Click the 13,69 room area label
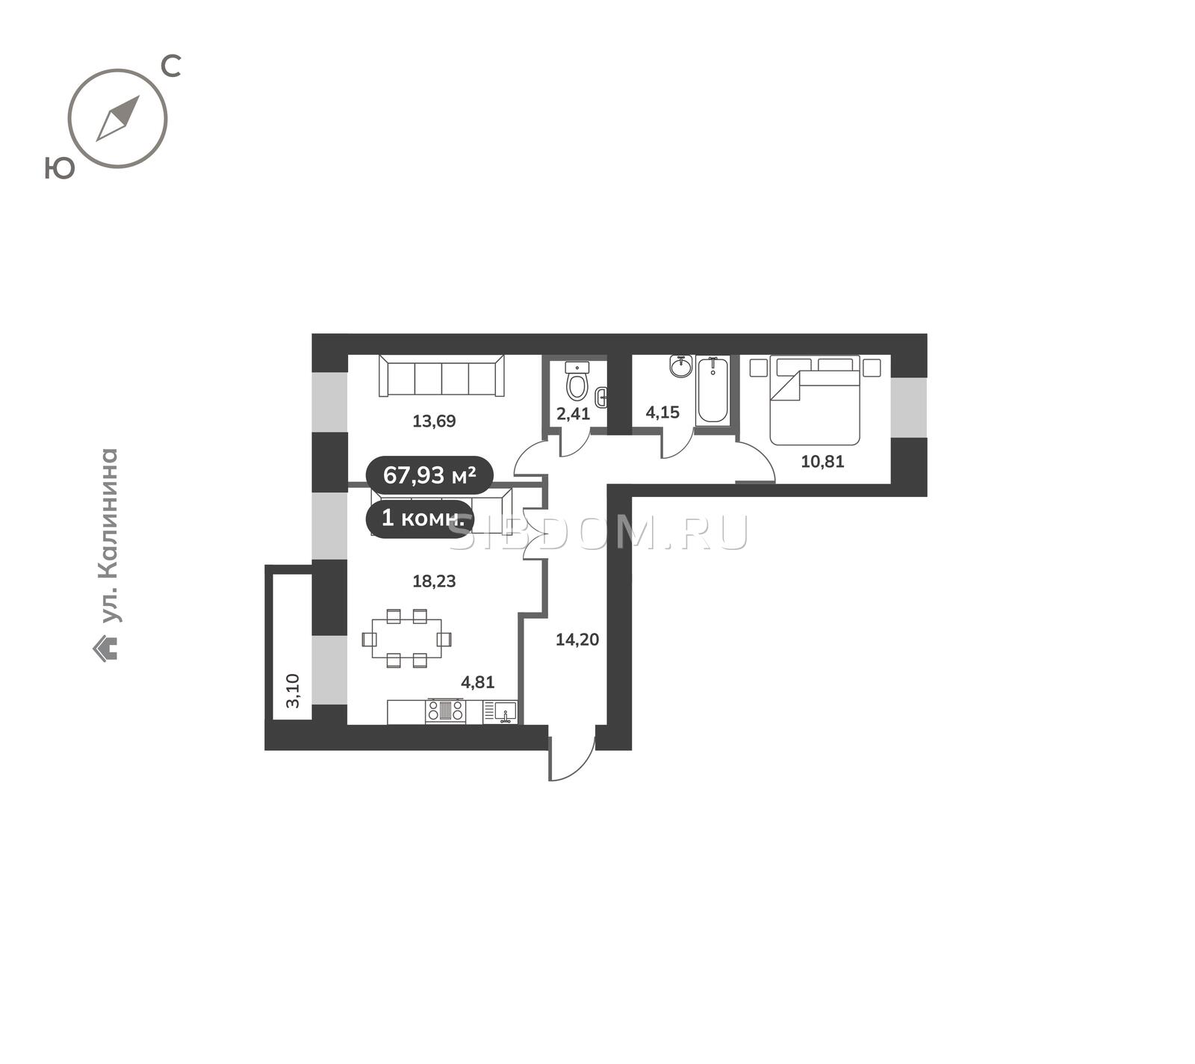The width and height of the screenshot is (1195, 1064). click(x=434, y=421)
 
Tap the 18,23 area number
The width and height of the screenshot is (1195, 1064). click(x=434, y=581)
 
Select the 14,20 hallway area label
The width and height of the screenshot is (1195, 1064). click(x=577, y=640)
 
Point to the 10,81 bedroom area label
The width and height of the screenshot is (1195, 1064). click(x=822, y=462)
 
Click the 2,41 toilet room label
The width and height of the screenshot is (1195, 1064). click(x=574, y=414)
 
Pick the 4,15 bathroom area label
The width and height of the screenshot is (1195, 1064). click(x=662, y=412)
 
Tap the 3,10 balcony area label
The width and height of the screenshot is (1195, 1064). click(x=293, y=690)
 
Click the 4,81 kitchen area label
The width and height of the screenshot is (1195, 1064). click(x=478, y=682)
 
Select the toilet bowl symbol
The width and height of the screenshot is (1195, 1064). click(x=577, y=380)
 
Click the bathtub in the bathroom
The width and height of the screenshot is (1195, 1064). click(x=713, y=391)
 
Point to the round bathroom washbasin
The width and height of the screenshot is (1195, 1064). click(x=681, y=366)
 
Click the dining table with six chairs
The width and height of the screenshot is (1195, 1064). click(x=407, y=639)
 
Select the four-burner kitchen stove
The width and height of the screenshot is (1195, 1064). click(x=445, y=711)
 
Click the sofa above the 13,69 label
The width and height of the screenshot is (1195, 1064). click(x=442, y=376)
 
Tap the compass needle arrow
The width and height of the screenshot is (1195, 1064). click(x=118, y=118)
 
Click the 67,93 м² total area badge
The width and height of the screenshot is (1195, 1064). click(x=429, y=474)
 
